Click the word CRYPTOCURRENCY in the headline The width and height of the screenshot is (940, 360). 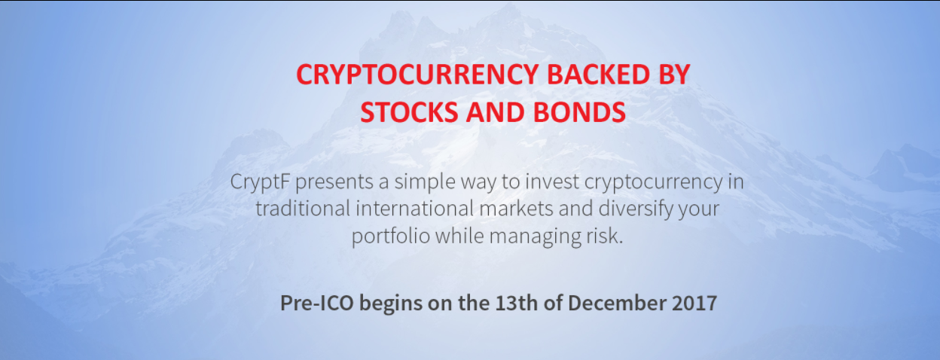(417, 75)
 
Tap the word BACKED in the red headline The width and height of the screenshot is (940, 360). (598, 75)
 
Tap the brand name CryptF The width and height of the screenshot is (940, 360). (260, 182)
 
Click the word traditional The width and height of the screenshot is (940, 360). (303, 209)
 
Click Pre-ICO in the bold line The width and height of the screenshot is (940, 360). (317, 303)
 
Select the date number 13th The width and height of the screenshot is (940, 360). (516, 303)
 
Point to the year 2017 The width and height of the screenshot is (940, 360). (694, 303)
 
